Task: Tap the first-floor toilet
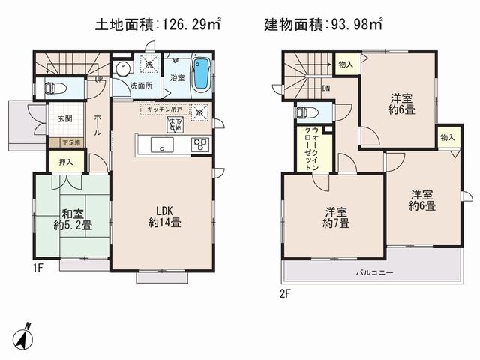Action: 55,88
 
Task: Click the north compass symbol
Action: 24,335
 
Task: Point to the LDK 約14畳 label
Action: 163,216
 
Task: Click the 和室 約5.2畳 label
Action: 73,217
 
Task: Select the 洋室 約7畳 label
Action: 334,217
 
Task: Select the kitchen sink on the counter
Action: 160,145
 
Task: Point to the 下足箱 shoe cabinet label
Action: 58,142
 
